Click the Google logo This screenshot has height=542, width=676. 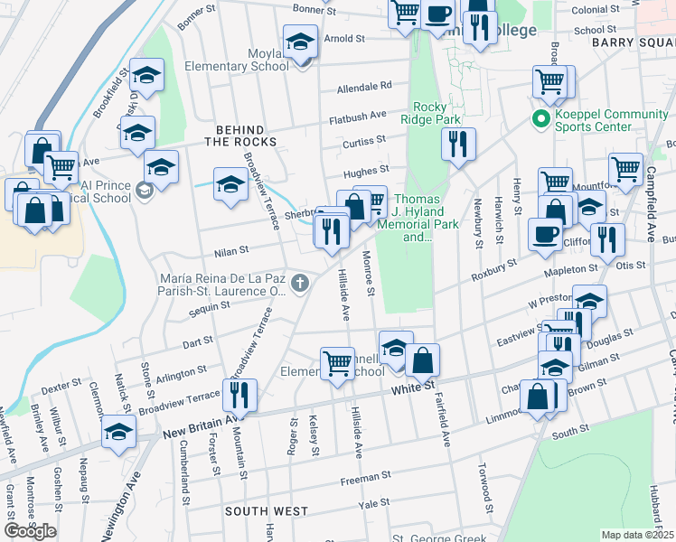click(x=30, y=531)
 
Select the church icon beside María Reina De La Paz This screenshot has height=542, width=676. click(x=301, y=285)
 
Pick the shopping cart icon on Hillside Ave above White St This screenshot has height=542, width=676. click(x=338, y=363)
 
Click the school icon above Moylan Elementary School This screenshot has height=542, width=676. click(x=301, y=41)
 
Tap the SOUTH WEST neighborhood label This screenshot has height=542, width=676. click(x=267, y=511)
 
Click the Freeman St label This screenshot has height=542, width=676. click(x=365, y=473)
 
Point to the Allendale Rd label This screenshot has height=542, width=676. click(x=364, y=87)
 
